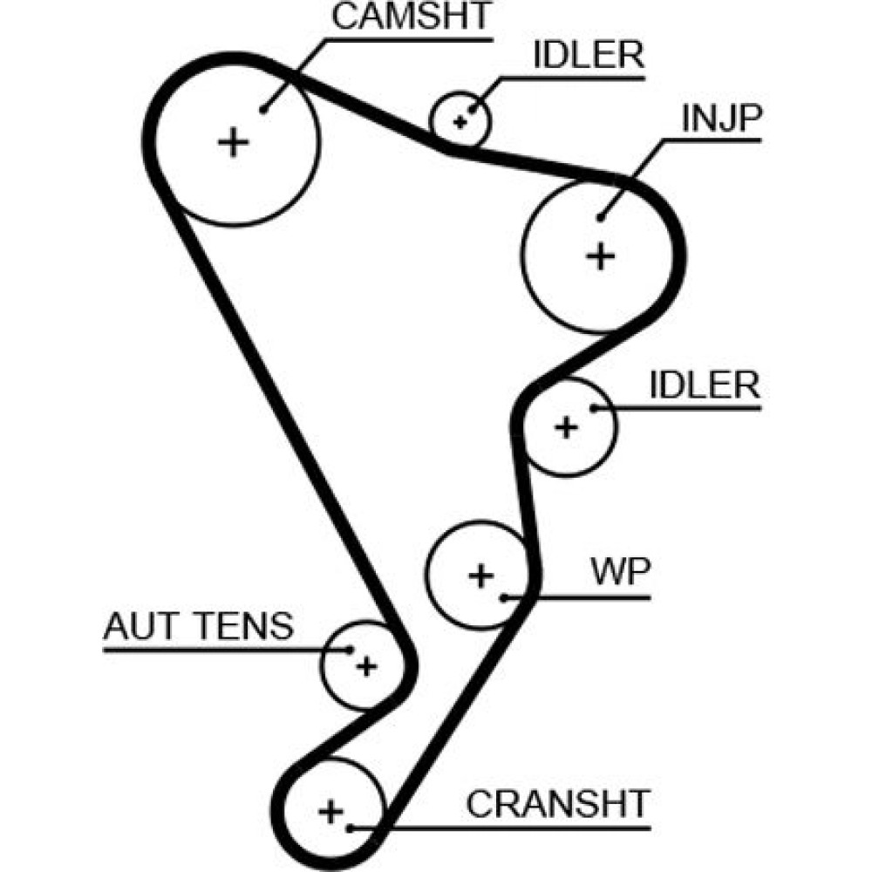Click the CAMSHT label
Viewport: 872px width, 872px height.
(x=412, y=17)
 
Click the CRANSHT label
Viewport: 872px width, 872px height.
(x=558, y=801)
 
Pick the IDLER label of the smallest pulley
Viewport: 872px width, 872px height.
(x=589, y=56)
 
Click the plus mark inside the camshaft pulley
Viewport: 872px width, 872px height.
(x=233, y=141)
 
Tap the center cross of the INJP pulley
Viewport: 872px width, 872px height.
(x=600, y=255)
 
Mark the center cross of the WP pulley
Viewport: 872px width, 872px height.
(x=480, y=576)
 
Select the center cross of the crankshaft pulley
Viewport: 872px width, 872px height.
(x=330, y=812)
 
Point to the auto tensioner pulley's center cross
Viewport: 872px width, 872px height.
(x=366, y=667)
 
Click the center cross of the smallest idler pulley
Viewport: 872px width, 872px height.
(x=460, y=121)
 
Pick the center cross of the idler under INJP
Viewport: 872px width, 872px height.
(x=567, y=427)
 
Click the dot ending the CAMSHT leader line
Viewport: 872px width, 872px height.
(x=262, y=110)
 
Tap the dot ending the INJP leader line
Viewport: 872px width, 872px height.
(x=601, y=216)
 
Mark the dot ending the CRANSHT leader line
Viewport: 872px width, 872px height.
(x=350, y=825)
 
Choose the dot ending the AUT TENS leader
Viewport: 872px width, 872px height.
(x=350, y=650)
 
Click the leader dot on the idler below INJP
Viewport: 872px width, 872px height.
(x=593, y=407)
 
